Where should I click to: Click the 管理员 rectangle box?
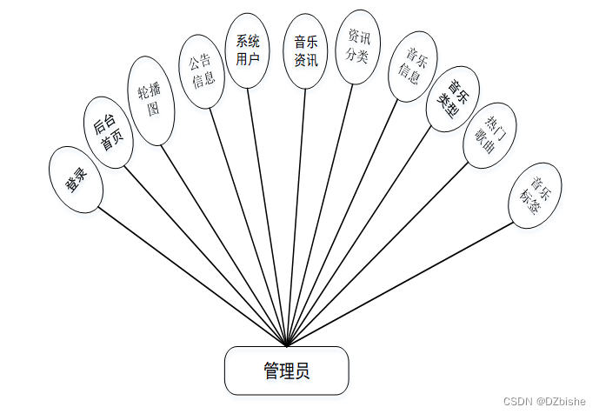(x=286, y=371)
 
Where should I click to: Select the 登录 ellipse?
(x=76, y=180)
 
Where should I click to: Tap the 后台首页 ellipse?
(x=109, y=131)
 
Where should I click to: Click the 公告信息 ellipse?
(x=203, y=71)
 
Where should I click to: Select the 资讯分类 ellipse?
(x=358, y=47)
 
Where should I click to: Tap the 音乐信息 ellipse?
(x=410, y=66)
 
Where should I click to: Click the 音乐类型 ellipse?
(x=453, y=99)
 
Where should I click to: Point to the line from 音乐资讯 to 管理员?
(x=296, y=217)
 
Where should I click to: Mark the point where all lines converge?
(x=286, y=345)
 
